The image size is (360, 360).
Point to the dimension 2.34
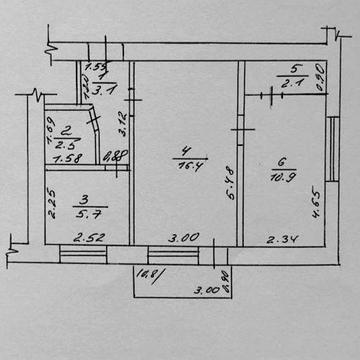click(281, 238)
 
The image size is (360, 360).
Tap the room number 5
click(294, 69)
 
